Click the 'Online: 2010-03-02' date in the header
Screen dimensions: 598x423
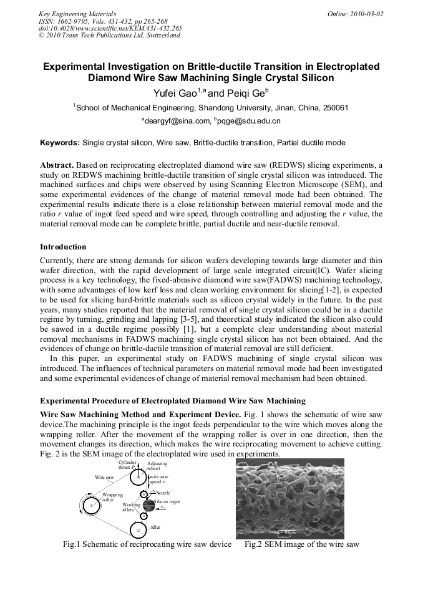355,14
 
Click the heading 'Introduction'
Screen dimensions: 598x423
63,247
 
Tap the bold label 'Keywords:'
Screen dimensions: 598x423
60,143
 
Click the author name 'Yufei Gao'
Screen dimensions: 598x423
175,94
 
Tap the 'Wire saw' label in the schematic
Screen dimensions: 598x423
104,476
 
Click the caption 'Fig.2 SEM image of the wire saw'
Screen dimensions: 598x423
301,544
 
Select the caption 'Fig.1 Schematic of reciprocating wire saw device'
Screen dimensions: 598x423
147,544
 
